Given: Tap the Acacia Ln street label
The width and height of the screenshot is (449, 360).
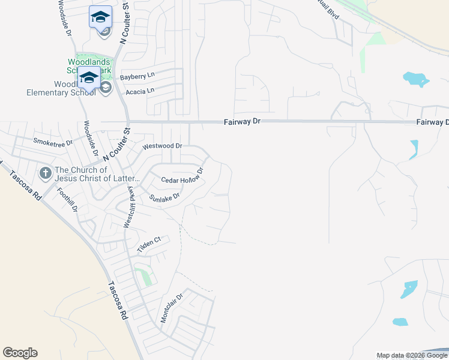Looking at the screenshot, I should [x=139, y=91].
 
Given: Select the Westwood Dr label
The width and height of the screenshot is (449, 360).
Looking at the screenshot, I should [x=161, y=146].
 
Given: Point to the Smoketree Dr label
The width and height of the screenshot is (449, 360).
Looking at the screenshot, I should [x=53, y=142].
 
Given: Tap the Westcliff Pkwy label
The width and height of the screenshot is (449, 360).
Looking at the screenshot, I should [x=128, y=206].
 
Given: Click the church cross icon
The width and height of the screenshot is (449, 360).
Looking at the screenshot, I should [x=45, y=173].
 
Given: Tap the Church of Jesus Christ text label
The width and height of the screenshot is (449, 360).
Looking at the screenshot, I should [x=97, y=174].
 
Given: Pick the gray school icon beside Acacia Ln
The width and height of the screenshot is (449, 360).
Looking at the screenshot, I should [x=106, y=88].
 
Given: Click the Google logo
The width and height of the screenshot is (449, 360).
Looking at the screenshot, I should [x=20, y=353].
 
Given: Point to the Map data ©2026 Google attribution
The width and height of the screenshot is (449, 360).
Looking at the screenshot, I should [x=412, y=355].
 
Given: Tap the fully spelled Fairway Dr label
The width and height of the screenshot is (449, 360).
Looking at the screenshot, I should [x=242, y=121].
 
